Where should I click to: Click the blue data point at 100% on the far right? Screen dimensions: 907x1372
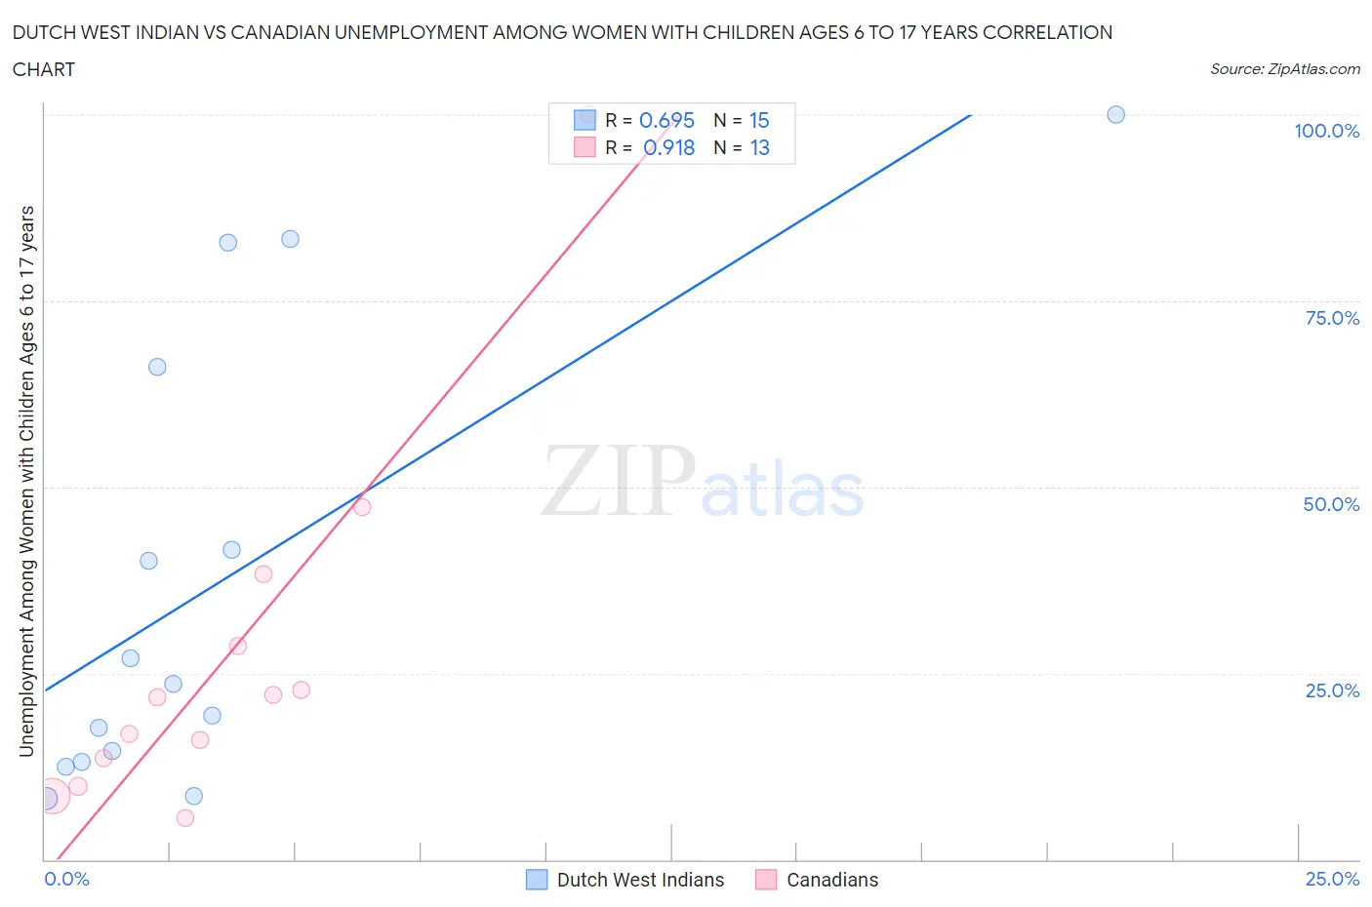click(1115, 115)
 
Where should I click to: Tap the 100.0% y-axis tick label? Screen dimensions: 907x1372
click(1326, 131)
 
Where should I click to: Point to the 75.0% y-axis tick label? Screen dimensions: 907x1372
click(1332, 318)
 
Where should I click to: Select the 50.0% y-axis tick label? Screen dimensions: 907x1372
click(1331, 504)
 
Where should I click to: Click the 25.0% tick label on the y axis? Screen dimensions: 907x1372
click(1332, 690)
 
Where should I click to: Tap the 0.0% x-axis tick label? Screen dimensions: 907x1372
click(67, 879)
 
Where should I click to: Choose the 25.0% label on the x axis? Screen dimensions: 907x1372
click(1332, 879)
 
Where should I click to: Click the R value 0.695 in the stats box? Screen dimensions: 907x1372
click(666, 120)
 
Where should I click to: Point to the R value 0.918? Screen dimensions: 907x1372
click(668, 147)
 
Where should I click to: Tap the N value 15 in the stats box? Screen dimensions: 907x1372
click(759, 120)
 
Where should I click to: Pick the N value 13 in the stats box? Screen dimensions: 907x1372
click(759, 147)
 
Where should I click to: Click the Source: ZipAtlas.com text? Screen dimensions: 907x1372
click(1284, 69)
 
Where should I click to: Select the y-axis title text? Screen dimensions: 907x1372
click(26, 481)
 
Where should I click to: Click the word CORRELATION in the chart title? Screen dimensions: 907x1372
click(1047, 32)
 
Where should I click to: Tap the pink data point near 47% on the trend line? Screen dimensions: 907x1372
click(362, 507)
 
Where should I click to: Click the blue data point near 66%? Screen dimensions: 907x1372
click(157, 367)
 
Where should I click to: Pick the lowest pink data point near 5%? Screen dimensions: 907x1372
click(185, 818)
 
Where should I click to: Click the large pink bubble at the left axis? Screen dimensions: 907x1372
click(53, 796)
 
